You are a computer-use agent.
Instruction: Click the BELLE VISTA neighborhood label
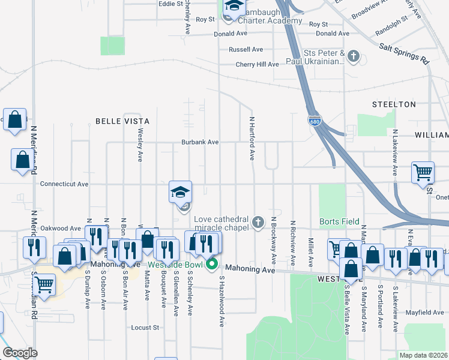click(122, 121)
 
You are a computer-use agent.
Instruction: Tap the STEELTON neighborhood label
click(394, 104)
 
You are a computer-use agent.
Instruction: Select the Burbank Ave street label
click(200, 143)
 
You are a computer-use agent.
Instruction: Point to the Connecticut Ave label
click(64, 184)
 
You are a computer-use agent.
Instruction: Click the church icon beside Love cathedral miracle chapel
click(258, 223)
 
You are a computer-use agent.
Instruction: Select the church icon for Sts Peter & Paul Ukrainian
click(354, 57)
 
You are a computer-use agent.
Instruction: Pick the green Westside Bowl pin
click(211, 263)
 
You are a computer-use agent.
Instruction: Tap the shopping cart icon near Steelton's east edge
click(423, 172)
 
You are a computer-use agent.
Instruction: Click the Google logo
click(20, 353)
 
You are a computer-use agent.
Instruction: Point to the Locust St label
click(145, 328)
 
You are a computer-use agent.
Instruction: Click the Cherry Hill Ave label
click(257, 64)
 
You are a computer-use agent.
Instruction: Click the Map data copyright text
click(423, 355)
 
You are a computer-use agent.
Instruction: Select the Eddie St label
click(170, 4)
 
